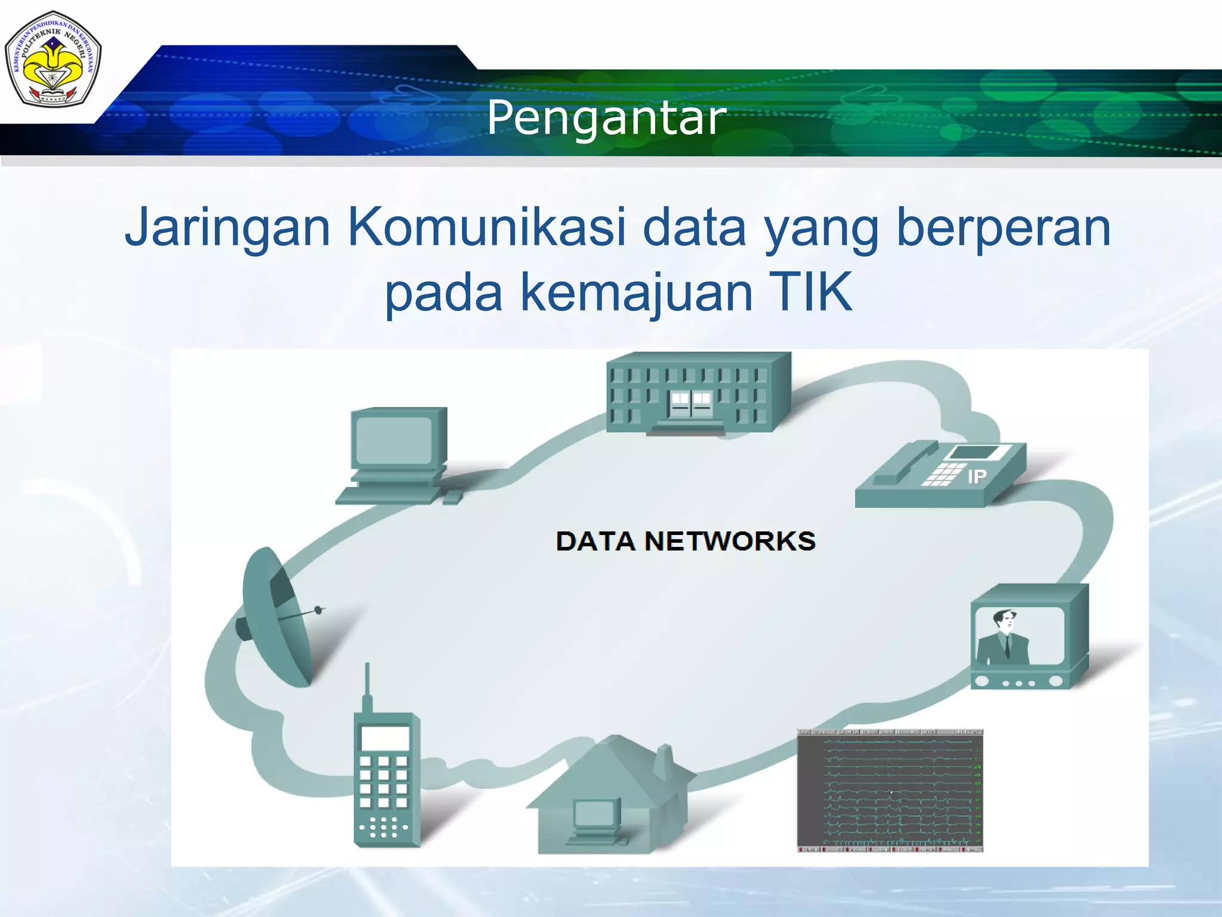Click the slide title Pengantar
pyautogui.click(x=606, y=118)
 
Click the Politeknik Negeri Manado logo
pyautogui.click(x=53, y=59)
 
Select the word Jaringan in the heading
pyautogui.click(x=227, y=227)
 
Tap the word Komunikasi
pyautogui.click(x=486, y=227)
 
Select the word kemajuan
pyautogui.click(x=636, y=293)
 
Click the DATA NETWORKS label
pyautogui.click(x=685, y=541)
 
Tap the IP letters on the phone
pyautogui.click(x=977, y=476)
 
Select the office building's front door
pyautogui.click(x=690, y=404)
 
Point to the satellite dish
pyautogui.click(x=277, y=618)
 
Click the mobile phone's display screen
pyautogui.click(x=385, y=738)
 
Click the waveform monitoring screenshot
pyautogui.click(x=890, y=790)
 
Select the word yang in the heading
pyautogui.click(x=822, y=227)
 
